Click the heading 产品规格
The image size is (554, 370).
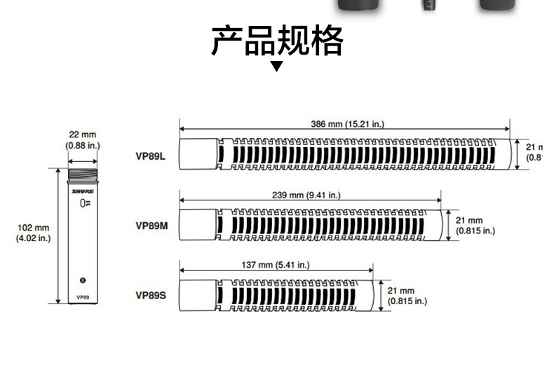point(277,41)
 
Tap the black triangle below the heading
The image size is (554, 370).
point(277,67)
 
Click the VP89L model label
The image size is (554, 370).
point(151,156)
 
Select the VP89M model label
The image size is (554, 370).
point(151,226)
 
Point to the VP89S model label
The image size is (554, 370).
point(151,295)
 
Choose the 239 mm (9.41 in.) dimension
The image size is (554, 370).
point(309,196)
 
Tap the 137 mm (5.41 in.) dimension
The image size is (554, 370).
point(274,265)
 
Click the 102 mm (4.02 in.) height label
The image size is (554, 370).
point(33,233)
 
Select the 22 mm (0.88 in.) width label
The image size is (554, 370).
point(83,139)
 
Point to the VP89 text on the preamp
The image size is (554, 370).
point(83,297)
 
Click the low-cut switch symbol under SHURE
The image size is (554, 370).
point(83,203)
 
